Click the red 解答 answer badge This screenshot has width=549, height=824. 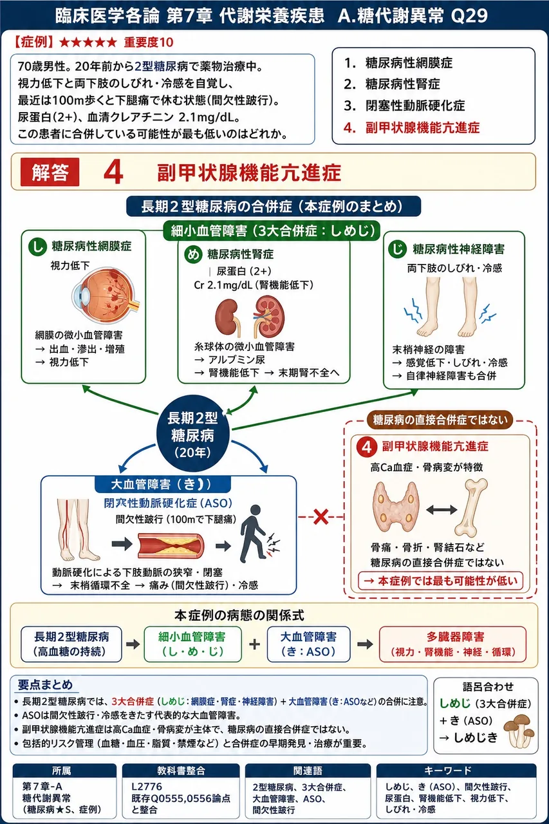(x=50, y=172)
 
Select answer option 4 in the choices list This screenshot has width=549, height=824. (x=411, y=127)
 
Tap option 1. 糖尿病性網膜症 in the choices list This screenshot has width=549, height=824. (x=398, y=63)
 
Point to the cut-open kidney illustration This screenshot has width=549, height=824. (x=269, y=316)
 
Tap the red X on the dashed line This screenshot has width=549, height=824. (x=321, y=517)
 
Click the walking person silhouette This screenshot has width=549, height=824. (x=253, y=534)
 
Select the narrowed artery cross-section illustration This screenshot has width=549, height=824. (x=171, y=545)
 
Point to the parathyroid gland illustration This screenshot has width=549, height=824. (x=396, y=507)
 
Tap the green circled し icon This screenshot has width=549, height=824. (x=37, y=247)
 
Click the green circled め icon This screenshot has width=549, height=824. (x=193, y=254)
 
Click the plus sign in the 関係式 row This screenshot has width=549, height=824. (x=254, y=644)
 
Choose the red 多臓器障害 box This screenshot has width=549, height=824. (x=452, y=644)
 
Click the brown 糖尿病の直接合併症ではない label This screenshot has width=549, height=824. (x=440, y=420)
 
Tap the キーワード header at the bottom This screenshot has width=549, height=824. (x=456, y=771)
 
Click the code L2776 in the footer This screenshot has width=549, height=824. (x=147, y=787)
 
